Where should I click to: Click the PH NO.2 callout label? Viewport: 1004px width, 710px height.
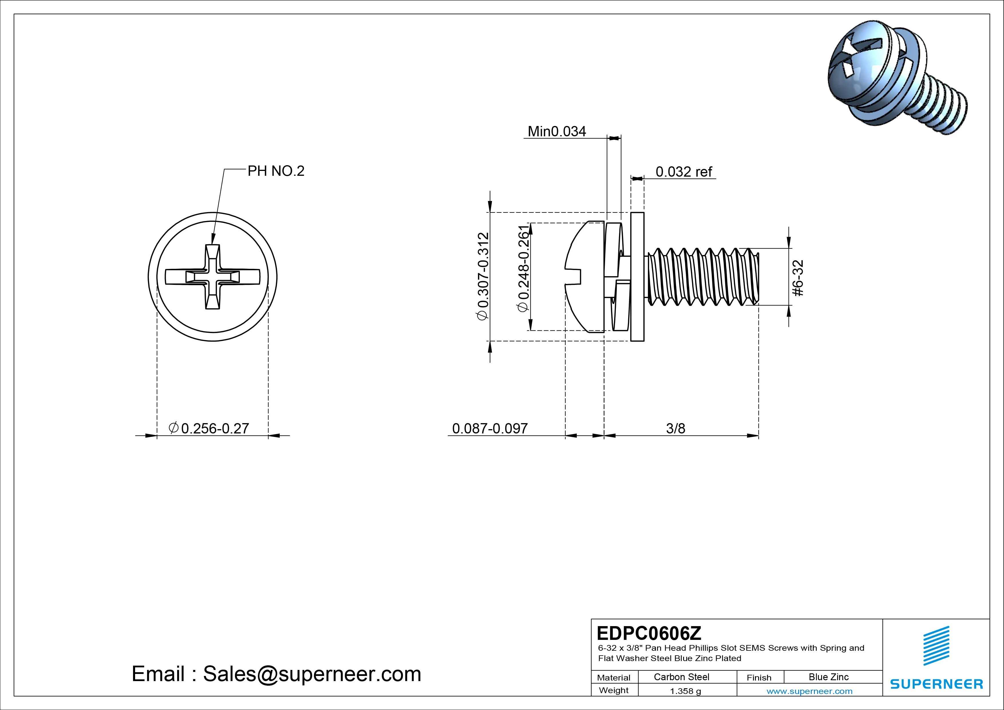[x=276, y=171]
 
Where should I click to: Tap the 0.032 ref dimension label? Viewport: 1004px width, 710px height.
[x=684, y=172]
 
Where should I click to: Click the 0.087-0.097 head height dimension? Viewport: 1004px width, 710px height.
[x=490, y=428]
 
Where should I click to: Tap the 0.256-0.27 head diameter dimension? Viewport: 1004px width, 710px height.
[x=209, y=428]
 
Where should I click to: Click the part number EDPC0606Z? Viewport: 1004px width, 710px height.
[x=649, y=633]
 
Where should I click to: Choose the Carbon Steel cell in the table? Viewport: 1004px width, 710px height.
[x=681, y=677]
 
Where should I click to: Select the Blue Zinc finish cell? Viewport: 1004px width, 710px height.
[x=828, y=677]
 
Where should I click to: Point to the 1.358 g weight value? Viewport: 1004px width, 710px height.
[x=685, y=691]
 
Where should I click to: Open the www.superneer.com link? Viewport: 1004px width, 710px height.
[x=809, y=691]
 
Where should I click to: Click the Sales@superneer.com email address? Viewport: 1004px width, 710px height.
[x=312, y=674]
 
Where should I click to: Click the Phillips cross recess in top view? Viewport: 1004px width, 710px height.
[x=213, y=277]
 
